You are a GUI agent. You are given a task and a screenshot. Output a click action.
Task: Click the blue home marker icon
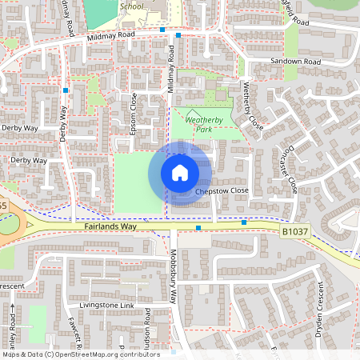tap(180, 172)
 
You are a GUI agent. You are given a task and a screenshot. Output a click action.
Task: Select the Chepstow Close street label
tap(222, 191)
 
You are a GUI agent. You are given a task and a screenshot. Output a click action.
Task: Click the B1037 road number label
tap(294, 231)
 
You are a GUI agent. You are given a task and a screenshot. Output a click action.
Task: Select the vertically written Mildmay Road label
tap(171, 71)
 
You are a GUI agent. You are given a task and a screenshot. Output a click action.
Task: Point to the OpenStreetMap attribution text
tap(81, 354)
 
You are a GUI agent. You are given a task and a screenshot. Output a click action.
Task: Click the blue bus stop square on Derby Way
tap(66, 90)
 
